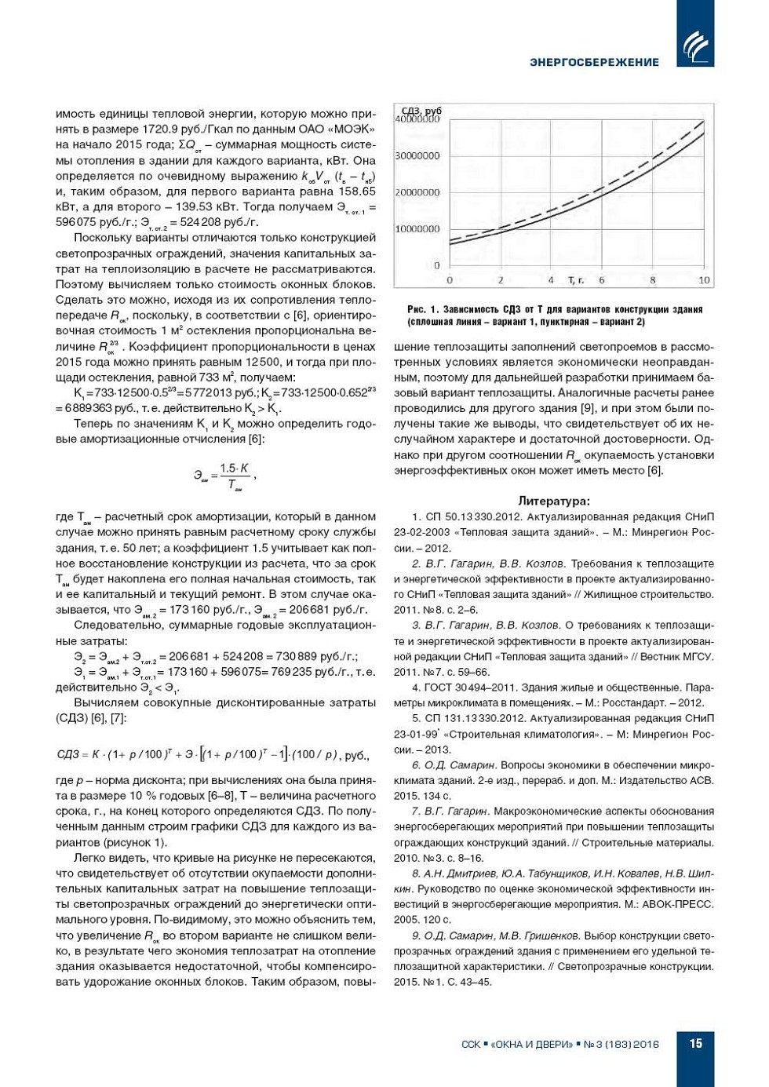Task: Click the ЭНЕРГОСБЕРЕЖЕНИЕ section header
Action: pyautogui.click(x=594, y=62)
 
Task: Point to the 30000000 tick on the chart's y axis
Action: pyautogui.click(x=417, y=156)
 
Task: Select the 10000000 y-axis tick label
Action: pyautogui.click(x=417, y=229)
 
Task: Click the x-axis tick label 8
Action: pyautogui.click(x=652, y=280)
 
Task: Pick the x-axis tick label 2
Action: pyautogui.click(x=501, y=280)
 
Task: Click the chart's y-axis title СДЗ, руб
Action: pyautogui.click(x=422, y=111)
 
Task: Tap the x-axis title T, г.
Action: pyautogui.click(x=576, y=280)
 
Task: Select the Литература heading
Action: pyautogui.click(x=554, y=501)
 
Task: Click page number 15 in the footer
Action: pyautogui.click(x=695, y=1043)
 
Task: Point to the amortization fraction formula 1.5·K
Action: pyautogui.click(x=234, y=469)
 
